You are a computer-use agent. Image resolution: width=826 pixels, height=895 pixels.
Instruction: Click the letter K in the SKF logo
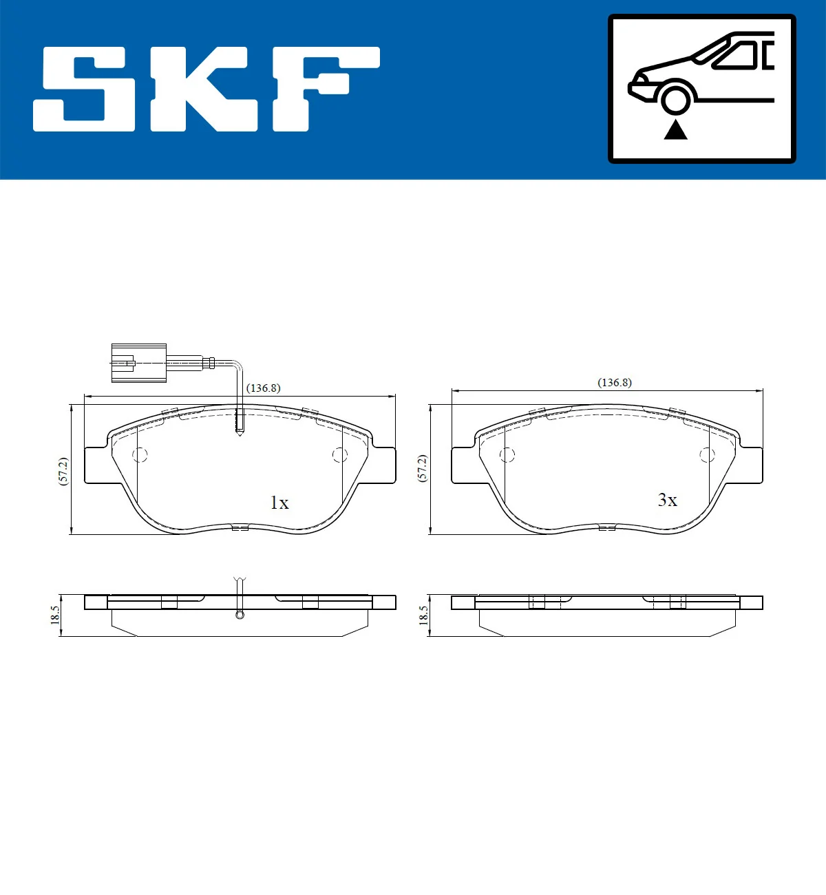click(206, 89)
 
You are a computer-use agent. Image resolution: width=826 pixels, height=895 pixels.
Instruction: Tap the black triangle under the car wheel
click(675, 129)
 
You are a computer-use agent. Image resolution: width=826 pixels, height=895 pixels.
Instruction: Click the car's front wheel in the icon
click(675, 98)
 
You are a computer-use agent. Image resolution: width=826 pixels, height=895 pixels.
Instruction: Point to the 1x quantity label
click(279, 503)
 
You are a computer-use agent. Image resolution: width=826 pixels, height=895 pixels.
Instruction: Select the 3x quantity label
click(667, 501)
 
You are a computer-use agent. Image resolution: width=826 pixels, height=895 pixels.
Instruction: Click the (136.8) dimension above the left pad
click(264, 388)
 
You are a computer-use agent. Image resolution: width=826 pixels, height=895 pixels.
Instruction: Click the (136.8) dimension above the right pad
click(615, 383)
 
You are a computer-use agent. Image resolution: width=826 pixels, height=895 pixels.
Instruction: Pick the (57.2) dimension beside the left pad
click(63, 472)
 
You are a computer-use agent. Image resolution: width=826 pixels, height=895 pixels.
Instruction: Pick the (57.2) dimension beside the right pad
click(423, 468)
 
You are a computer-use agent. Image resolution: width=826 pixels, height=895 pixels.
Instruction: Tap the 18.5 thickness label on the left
click(55, 615)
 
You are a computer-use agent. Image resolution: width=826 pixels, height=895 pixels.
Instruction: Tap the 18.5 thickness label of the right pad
click(423, 615)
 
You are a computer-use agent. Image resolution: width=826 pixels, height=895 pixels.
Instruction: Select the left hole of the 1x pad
click(140, 455)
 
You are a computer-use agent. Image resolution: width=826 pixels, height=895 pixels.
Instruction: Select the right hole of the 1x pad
click(339, 455)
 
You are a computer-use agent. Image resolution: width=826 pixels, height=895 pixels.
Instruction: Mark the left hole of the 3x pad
click(507, 455)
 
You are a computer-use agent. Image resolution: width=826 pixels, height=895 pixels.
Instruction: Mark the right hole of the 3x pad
click(707, 455)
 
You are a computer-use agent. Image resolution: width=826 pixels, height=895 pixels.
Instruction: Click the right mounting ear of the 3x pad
click(750, 465)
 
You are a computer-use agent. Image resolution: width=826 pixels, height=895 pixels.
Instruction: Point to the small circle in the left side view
click(240, 614)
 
